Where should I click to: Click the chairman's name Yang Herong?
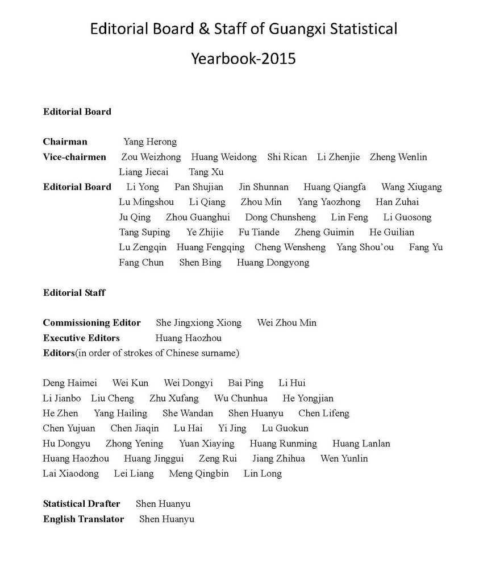click(150, 142)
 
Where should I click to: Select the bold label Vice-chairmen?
click(74, 157)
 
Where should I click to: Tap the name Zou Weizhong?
click(151, 157)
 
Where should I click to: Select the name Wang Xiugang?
click(411, 187)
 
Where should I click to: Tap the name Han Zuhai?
click(397, 202)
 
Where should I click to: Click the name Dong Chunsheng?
click(280, 217)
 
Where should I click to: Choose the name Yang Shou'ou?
click(365, 247)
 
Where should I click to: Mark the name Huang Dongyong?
click(273, 262)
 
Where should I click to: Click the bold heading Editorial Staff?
click(74, 293)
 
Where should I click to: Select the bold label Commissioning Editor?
click(92, 322)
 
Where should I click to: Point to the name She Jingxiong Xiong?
click(198, 322)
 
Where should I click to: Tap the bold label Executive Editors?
click(81, 338)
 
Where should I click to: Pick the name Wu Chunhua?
click(240, 398)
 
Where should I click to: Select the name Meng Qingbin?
click(199, 473)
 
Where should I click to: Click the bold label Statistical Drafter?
click(82, 503)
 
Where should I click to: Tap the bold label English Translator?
click(84, 519)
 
